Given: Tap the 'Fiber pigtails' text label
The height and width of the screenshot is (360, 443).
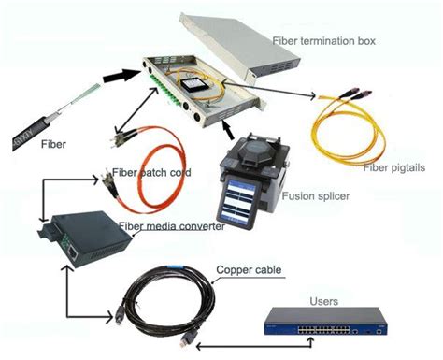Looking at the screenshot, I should (x=391, y=166).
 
